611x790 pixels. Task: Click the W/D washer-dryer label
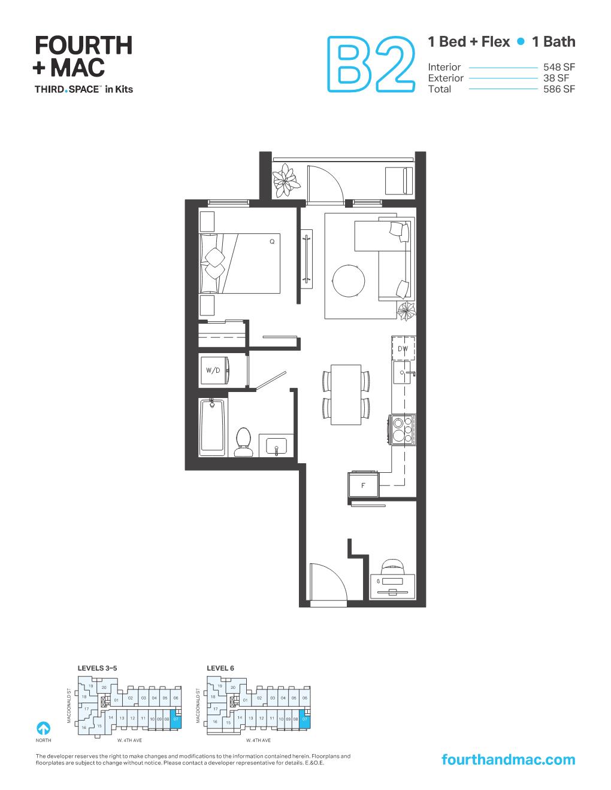[x=213, y=370]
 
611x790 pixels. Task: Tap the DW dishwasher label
[x=403, y=348]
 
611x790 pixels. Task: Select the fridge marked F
[x=362, y=485]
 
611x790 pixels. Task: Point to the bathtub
[x=213, y=426]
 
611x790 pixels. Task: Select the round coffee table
[x=348, y=280]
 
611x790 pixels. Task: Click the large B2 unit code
[x=371, y=65]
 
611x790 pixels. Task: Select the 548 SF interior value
[x=559, y=67]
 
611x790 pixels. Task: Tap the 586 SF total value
[x=559, y=89]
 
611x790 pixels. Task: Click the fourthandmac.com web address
[x=507, y=759]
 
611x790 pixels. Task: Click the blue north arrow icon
[x=43, y=728]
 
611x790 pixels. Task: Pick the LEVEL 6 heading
[x=220, y=668]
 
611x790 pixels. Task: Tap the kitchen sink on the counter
[x=402, y=375]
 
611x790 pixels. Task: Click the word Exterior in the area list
[x=446, y=78]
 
